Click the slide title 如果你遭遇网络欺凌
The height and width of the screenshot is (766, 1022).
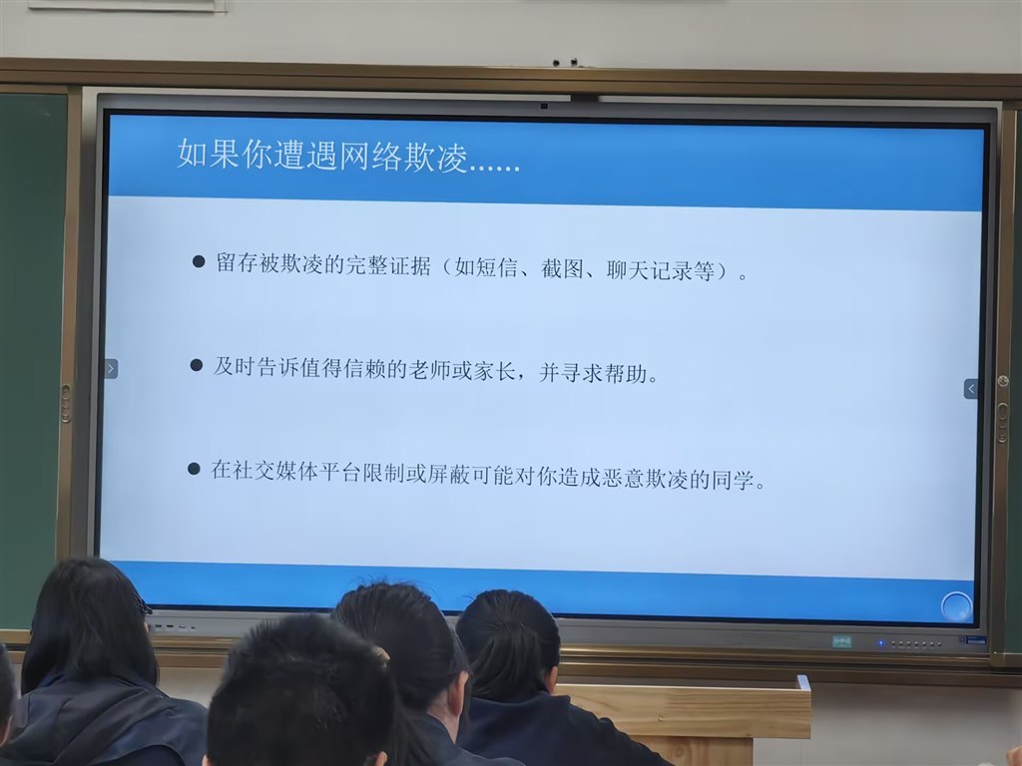(323, 156)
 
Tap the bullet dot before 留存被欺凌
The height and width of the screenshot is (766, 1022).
(199, 262)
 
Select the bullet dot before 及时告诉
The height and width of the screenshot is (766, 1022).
(197, 365)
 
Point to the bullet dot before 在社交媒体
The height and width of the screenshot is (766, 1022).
(194, 469)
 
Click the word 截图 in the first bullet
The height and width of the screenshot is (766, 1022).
(562, 268)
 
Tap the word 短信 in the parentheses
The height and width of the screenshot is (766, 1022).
(497, 267)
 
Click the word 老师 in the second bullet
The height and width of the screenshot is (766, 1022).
(429, 370)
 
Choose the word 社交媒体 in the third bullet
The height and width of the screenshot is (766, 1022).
(275, 471)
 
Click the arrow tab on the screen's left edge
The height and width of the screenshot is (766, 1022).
(111, 369)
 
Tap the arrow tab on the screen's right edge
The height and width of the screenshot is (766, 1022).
(970, 389)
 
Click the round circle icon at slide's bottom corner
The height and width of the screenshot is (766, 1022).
(956, 607)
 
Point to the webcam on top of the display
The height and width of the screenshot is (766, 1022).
(544, 106)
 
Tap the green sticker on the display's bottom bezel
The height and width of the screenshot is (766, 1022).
(842, 642)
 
